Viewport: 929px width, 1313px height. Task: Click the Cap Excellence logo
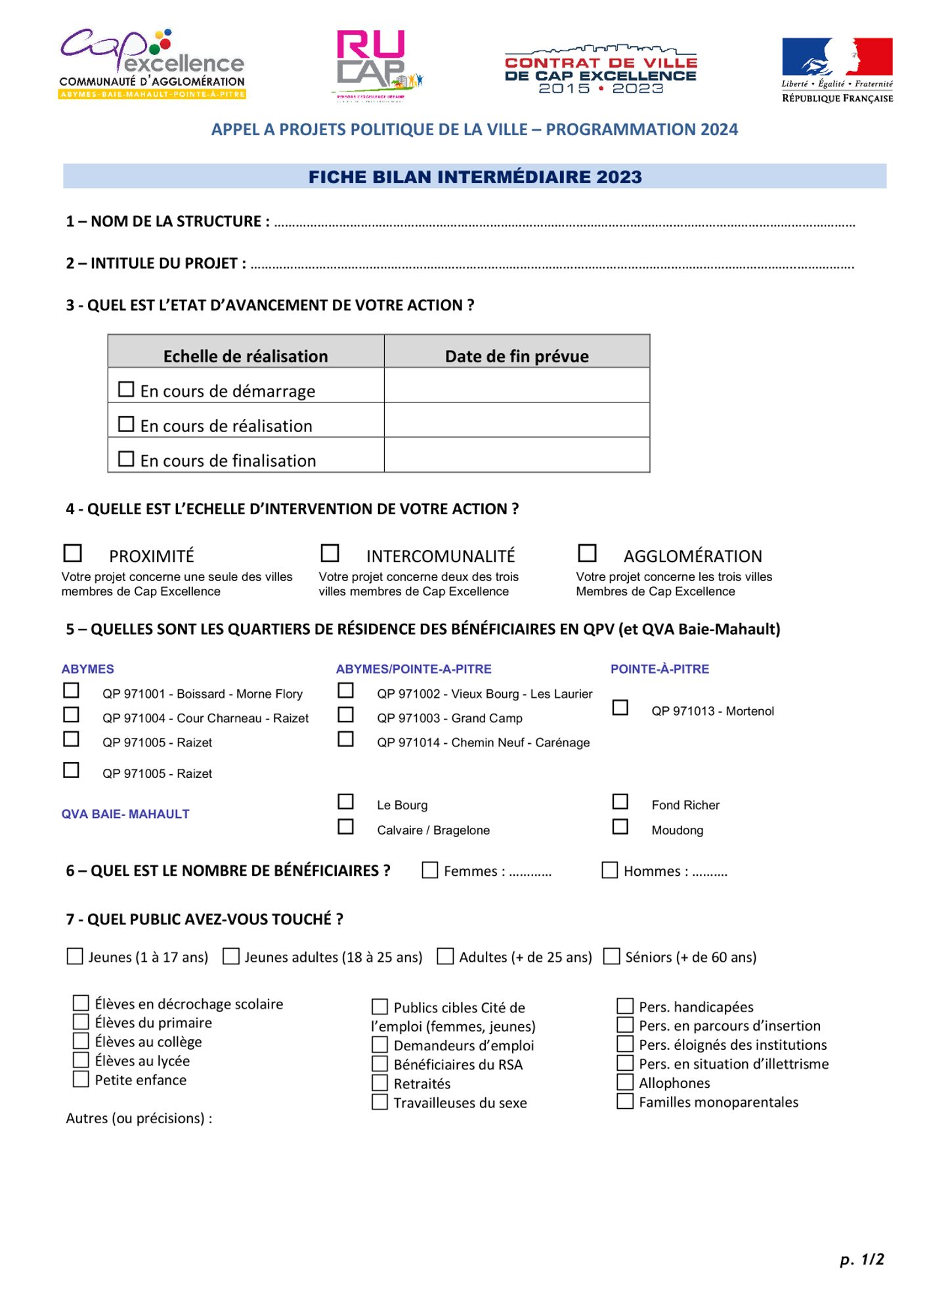(152, 64)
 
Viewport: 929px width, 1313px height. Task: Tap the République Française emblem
(837, 70)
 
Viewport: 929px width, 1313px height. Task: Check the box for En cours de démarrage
(126, 389)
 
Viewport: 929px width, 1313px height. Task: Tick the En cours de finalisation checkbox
(126, 459)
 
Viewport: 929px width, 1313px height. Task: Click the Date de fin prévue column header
(517, 356)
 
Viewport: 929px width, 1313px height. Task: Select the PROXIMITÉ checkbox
(73, 553)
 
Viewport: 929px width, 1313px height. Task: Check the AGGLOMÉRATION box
(587, 553)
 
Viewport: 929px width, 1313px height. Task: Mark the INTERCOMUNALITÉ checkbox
(330, 553)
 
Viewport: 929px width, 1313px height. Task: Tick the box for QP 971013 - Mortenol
(620, 708)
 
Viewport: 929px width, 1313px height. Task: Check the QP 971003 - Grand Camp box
(346, 715)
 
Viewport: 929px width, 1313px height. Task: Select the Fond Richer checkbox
(620, 802)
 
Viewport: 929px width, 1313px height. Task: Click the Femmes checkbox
(430, 871)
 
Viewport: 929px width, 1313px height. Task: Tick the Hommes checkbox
(610, 871)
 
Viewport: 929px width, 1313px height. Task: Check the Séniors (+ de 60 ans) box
(612, 957)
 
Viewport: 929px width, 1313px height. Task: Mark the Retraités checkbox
(380, 1083)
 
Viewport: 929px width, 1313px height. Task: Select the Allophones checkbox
(625, 1083)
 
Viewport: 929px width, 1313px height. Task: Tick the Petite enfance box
(81, 1079)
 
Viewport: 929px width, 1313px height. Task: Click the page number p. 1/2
(862, 1259)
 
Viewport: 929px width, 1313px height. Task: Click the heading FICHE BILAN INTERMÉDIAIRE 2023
(475, 177)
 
